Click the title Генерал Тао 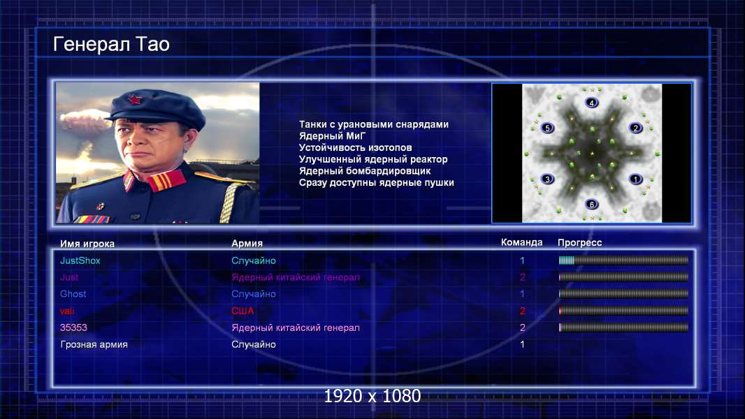pyautogui.click(x=111, y=44)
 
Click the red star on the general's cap pyautogui.click(x=135, y=100)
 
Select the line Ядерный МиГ pyautogui.click(x=332, y=135)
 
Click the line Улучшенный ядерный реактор pyautogui.click(x=373, y=159)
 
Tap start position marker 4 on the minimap pyautogui.click(x=591, y=103)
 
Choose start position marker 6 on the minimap pyautogui.click(x=591, y=205)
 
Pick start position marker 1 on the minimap pyautogui.click(x=636, y=179)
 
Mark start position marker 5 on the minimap pyautogui.click(x=547, y=128)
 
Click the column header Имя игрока pyautogui.click(x=87, y=244)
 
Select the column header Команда pyautogui.click(x=521, y=242)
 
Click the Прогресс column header pyautogui.click(x=579, y=242)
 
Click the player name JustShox pyautogui.click(x=80, y=260)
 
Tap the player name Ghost pyautogui.click(x=73, y=294)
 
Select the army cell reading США pyautogui.click(x=243, y=311)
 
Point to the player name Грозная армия pyautogui.click(x=94, y=344)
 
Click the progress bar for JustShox pyautogui.click(x=623, y=260)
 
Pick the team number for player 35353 pyautogui.click(x=522, y=328)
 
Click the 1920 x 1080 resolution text pyautogui.click(x=372, y=396)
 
